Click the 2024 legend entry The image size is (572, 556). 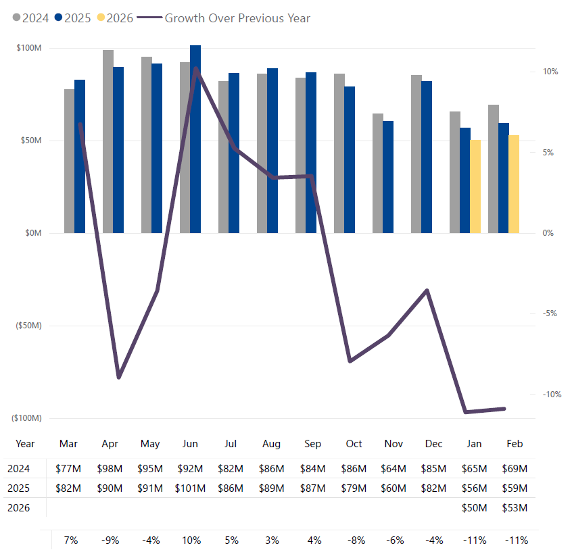31,18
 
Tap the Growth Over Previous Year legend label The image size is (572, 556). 237,18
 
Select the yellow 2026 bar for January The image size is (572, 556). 476,186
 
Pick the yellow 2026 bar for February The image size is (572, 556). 514,184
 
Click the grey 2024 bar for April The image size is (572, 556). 108,141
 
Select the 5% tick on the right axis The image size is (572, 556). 549,153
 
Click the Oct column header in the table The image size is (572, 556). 354,444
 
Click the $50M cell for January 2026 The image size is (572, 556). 474,507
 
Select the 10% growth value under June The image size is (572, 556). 190,540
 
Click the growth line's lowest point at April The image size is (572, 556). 118,377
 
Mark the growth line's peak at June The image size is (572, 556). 195,68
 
